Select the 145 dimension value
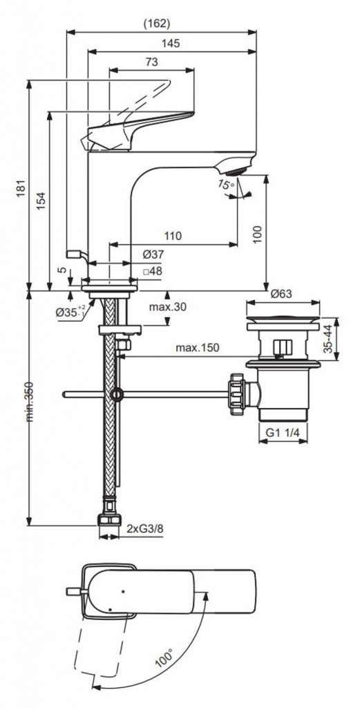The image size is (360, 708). point(170,44)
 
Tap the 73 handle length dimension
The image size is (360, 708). point(151,62)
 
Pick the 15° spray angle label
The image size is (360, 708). point(226,184)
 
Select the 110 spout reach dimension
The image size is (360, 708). point(172,236)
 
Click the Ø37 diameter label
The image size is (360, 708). point(153,254)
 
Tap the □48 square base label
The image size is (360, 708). point(152,271)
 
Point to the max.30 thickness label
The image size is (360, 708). point(168,307)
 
